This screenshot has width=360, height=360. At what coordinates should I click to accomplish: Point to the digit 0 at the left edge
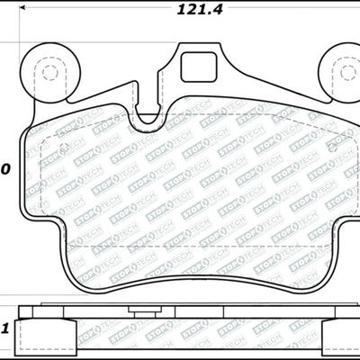coord(4,169)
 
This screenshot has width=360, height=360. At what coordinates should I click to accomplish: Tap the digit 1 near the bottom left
coord(4,327)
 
